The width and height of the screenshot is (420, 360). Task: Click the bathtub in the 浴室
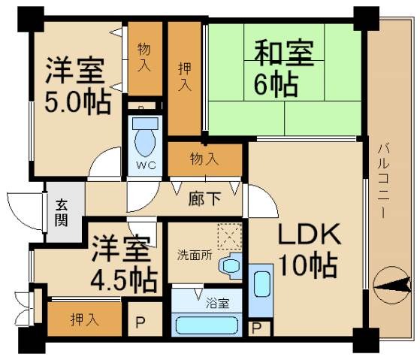click(207, 325)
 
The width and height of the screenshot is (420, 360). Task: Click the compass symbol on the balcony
click(393, 284)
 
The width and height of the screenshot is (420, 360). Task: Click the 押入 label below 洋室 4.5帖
click(85, 319)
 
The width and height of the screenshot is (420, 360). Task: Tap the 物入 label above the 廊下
click(204, 159)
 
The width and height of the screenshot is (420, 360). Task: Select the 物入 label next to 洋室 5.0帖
click(144, 56)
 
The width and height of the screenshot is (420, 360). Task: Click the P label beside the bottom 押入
click(140, 320)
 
